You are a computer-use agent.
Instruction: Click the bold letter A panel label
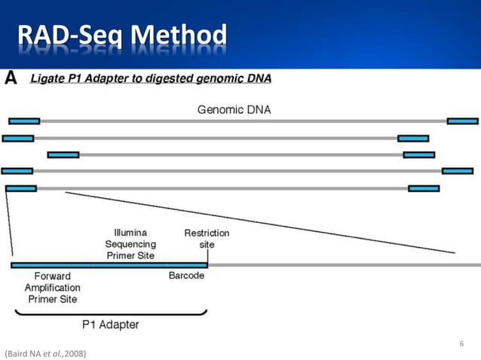(x=12, y=78)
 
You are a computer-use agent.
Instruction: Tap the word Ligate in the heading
(x=47, y=78)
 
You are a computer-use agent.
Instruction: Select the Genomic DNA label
(x=234, y=110)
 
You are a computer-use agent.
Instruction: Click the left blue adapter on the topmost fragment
(x=24, y=121)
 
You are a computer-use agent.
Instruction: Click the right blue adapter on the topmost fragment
(x=462, y=121)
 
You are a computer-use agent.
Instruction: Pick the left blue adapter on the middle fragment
(x=63, y=154)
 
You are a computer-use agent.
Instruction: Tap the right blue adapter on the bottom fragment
(x=424, y=188)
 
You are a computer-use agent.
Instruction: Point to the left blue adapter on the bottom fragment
(x=20, y=188)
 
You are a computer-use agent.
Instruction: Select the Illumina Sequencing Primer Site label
(x=130, y=244)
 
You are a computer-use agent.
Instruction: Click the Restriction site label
(x=207, y=239)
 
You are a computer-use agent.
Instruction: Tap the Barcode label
(x=185, y=276)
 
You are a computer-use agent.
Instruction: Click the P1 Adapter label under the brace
(x=109, y=325)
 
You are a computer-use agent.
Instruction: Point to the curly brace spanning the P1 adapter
(x=109, y=313)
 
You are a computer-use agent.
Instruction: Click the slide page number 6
(x=462, y=344)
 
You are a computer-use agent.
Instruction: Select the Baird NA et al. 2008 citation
(x=45, y=352)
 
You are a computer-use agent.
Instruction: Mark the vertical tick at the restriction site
(x=207, y=258)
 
